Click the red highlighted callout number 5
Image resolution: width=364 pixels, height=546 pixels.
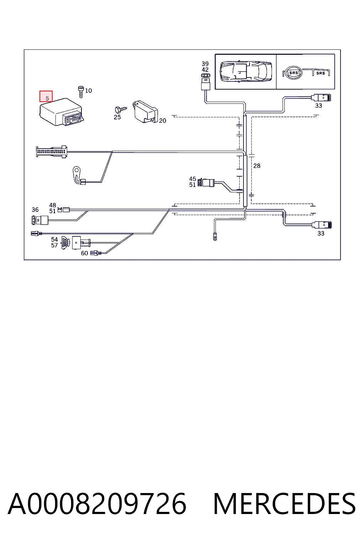46,96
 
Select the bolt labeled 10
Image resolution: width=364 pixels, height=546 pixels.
81,92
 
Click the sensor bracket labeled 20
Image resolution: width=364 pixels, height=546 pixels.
145,112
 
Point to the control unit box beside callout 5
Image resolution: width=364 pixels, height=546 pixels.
61,112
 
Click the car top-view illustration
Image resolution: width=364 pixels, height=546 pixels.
246,71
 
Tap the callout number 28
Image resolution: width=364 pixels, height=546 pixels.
257,166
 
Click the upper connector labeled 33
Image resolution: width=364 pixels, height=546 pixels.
321,98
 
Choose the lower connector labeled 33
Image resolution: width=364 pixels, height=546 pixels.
322,225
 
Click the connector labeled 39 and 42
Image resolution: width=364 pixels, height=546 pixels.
206,82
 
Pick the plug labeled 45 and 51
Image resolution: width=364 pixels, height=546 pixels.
206,183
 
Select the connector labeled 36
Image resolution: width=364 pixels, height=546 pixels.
40,220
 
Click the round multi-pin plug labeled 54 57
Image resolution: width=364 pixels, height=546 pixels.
65,243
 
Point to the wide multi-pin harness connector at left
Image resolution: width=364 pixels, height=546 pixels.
52,152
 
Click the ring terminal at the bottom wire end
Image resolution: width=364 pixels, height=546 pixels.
215,237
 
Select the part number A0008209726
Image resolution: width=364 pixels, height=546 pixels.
97,504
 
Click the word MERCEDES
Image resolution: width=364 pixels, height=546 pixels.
284,504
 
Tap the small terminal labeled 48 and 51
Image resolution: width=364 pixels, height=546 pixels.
64,210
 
